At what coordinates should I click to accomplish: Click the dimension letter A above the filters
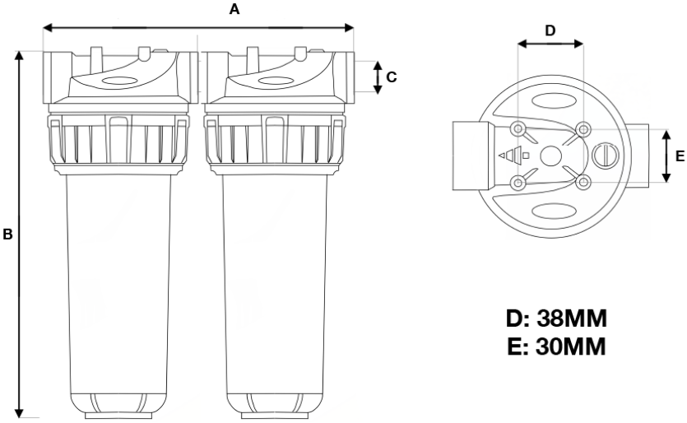pyautogui.click(x=234, y=11)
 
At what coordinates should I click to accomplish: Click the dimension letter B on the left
pyautogui.click(x=7, y=235)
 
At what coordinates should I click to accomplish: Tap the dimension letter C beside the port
pyautogui.click(x=392, y=77)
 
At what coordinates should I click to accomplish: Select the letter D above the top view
pyautogui.click(x=550, y=30)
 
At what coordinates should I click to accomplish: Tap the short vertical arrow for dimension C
pyautogui.click(x=377, y=77)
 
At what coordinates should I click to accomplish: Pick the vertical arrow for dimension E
pyautogui.click(x=665, y=155)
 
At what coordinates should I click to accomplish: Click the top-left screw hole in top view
pyautogui.click(x=518, y=128)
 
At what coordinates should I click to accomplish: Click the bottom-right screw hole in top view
pyautogui.click(x=583, y=182)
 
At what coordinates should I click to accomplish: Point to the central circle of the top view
pyautogui.click(x=550, y=154)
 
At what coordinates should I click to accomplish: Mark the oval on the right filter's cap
pyautogui.click(x=274, y=81)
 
